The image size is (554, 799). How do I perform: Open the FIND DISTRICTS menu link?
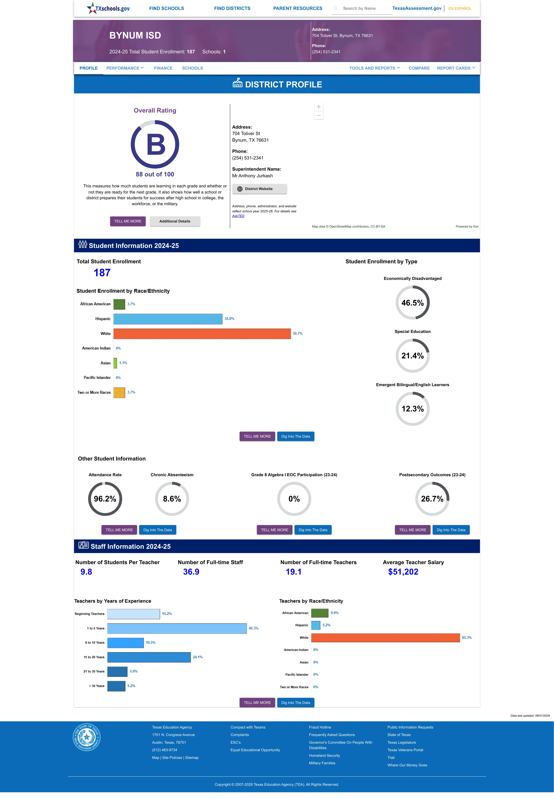pyautogui.click(x=232, y=8)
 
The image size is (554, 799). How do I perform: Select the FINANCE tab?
pyautogui.click(x=163, y=68)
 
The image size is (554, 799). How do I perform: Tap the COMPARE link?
pyautogui.click(x=419, y=68)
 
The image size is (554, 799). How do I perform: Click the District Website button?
pyautogui.click(x=259, y=189)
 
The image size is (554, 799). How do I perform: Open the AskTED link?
pyautogui.click(x=238, y=216)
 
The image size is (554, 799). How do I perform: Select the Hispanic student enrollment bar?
pyautogui.click(x=168, y=319)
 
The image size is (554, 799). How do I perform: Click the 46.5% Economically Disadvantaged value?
pyautogui.click(x=412, y=303)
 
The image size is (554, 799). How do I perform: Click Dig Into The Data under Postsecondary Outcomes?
pyautogui.click(x=451, y=530)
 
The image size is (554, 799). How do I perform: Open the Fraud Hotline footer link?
pyautogui.click(x=320, y=727)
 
